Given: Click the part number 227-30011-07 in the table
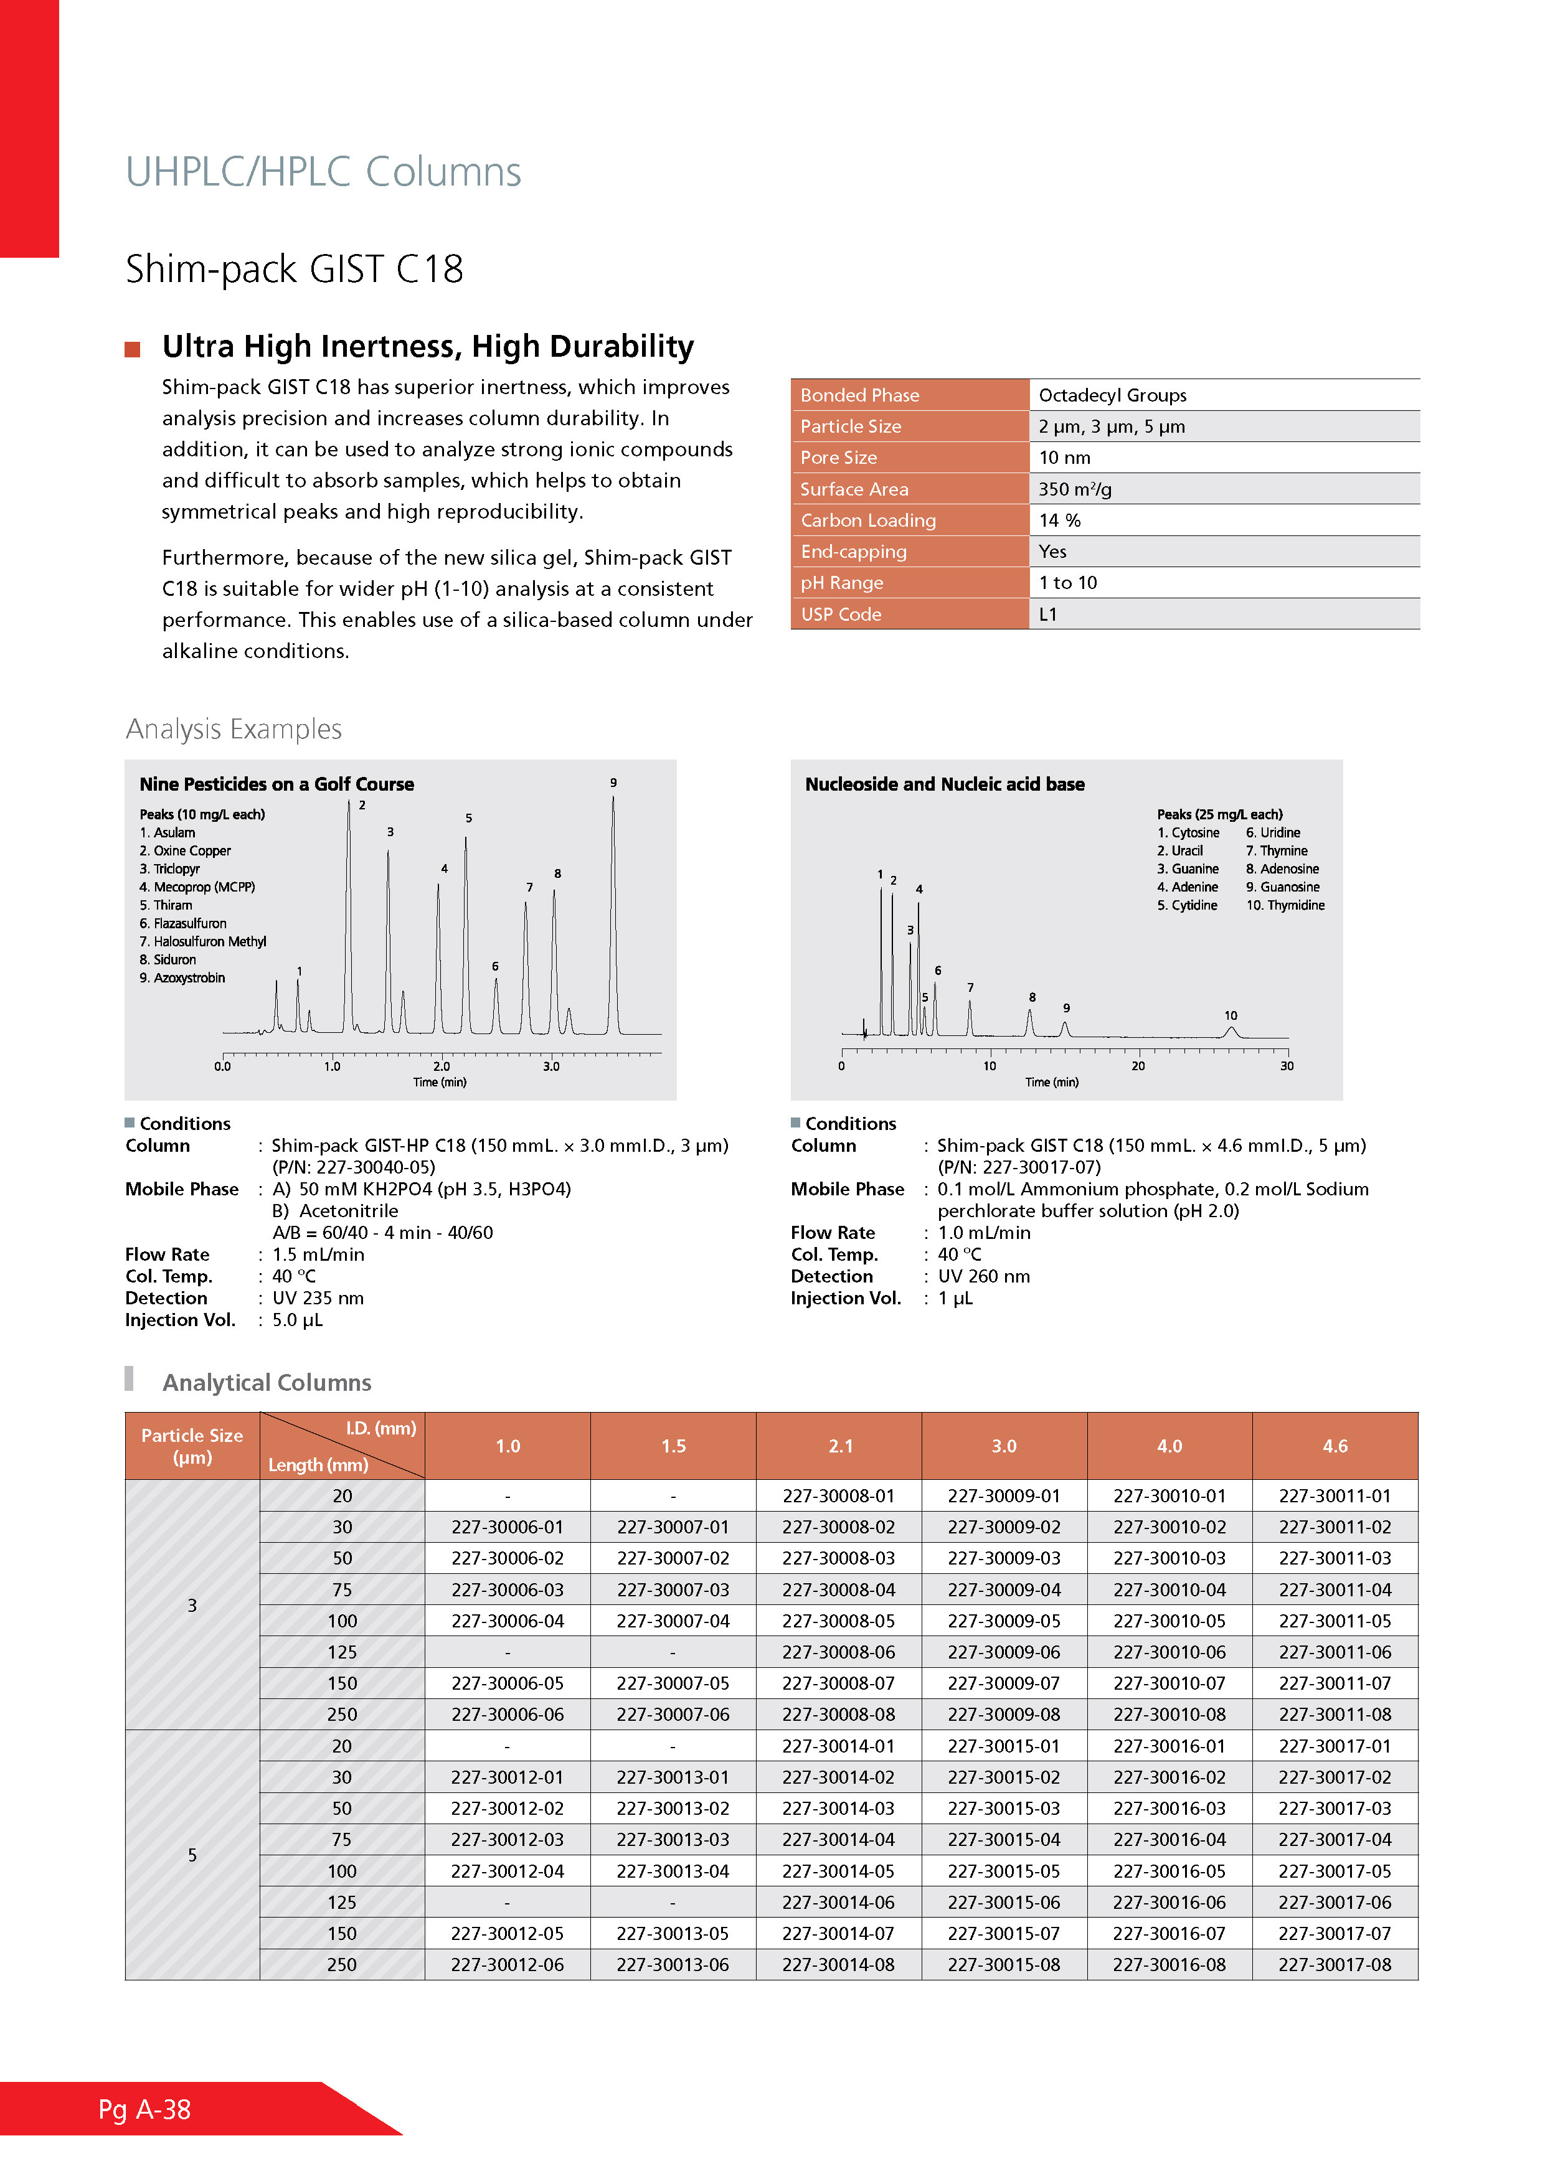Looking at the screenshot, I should pyautogui.click(x=1334, y=1683).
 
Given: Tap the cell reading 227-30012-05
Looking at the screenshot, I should pyautogui.click(x=507, y=1933).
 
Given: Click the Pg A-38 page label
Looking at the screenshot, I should pyautogui.click(x=144, y=2110).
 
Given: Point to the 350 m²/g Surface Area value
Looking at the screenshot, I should pyautogui.click(x=1074, y=489).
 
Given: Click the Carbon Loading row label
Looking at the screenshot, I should pyautogui.click(x=867, y=520).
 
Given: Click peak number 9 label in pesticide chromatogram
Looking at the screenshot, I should pyautogui.click(x=613, y=783).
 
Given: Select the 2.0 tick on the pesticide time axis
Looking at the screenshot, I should pyautogui.click(x=442, y=1066).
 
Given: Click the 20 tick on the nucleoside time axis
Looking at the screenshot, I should pyautogui.click(x=1138, y=1066).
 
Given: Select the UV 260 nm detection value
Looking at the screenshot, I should pyautogui.click(x=984, y=1276).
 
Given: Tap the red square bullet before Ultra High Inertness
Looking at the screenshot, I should pyautogui.click(x=132, y=349).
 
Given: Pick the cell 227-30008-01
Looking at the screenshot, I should pyautogui.click(x=838, y=1495).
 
